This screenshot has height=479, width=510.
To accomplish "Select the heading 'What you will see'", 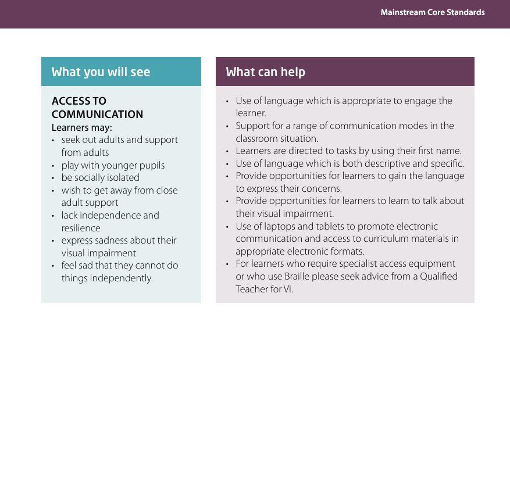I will point(101,72).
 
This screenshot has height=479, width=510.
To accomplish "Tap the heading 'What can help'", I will point(265,72).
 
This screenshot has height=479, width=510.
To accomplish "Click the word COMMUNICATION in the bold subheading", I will point(97,115).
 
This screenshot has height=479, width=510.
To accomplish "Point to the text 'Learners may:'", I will point(81,128).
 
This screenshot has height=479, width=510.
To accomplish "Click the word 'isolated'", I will point(122,178).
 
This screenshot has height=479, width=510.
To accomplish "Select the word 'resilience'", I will point(81,228).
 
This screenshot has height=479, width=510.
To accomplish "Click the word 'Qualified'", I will point(438,277).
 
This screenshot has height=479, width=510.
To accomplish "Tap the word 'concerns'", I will point(322,189).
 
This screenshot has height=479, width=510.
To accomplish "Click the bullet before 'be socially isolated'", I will point(53,178).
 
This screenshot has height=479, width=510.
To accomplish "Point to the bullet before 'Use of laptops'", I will point(227,227).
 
